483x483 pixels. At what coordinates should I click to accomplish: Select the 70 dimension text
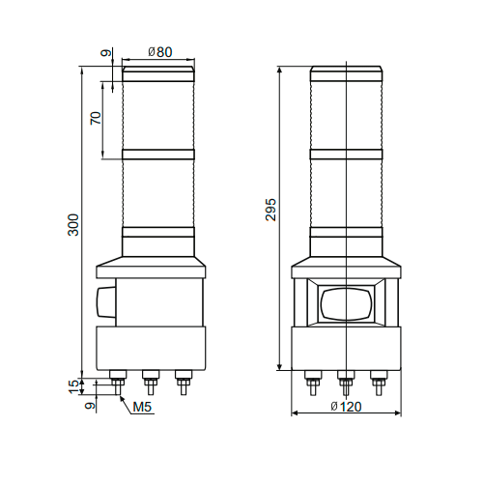click(x=95, y=119)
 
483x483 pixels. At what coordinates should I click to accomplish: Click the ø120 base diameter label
click(x=345, y=407)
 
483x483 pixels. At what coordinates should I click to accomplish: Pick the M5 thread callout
click(x=144, y=408)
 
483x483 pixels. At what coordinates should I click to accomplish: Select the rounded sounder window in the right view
click(x=346, y=303)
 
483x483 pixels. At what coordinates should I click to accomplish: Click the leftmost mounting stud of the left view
click(x=119, y=379)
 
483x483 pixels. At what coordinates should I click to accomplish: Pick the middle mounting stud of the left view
click(x=150, y=379)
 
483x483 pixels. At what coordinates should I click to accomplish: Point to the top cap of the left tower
click(x=158, y=71)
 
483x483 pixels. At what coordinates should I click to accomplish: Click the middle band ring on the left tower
click(x=158, y=154)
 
